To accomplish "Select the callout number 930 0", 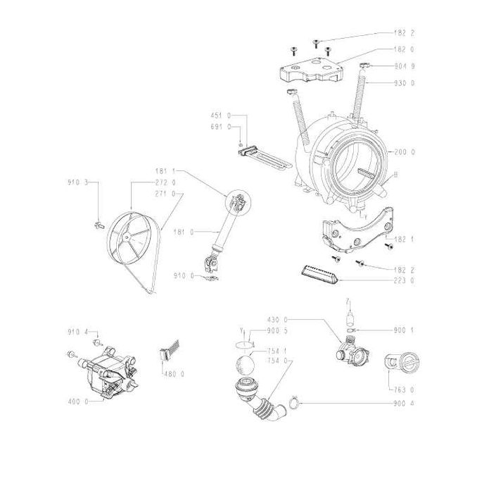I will click(x=406, y=84).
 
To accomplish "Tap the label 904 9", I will click(x=406, y=66).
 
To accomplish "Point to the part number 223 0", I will click(x=406, y=281).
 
